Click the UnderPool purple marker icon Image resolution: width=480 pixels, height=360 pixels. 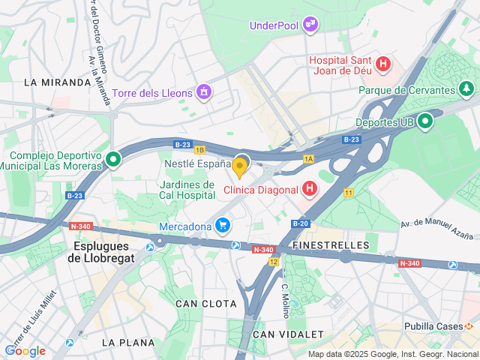[x=310, y=25]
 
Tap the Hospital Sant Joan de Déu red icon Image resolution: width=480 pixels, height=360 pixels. [x=384, y=64]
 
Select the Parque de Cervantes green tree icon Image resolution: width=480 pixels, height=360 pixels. [x=466, y=90]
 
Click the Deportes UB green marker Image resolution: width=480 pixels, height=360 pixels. [x=425, y=121]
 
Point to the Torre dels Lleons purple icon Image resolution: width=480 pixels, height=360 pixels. [x=203, y=92]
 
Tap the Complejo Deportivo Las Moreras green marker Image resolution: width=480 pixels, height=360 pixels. [x=113, y=159]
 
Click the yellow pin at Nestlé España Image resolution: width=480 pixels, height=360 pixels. [x=240, y=166]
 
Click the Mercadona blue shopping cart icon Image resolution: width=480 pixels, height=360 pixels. [x=222, y=225]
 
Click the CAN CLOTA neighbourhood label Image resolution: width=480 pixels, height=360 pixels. [x=205, y=304]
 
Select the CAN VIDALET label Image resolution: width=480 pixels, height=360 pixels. [x=288, y=334]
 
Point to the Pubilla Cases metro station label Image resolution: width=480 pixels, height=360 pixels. [x=433, y=327]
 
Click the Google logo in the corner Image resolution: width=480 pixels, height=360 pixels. [x=25, y=351]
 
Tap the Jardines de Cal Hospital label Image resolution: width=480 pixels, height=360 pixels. [x=187, y=190]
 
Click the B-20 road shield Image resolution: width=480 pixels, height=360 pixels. [x=300, y=223]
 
